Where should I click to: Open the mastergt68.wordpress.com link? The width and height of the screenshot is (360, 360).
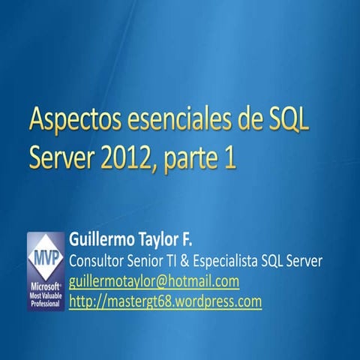coord(165,301)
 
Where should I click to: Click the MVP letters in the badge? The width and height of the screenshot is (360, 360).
coord(45,256)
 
